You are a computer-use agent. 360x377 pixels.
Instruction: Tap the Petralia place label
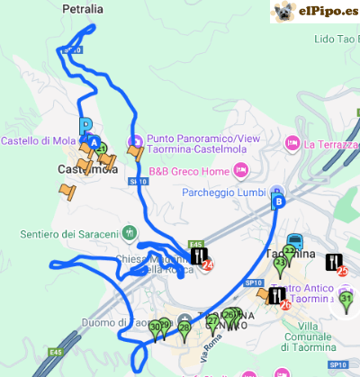point(84,9)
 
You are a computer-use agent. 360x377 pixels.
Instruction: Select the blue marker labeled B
point(278,202)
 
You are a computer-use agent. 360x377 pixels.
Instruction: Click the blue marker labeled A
point(93,141)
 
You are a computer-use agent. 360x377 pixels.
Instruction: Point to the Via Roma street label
point(210,350)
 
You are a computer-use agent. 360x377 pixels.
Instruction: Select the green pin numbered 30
point(156,328)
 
